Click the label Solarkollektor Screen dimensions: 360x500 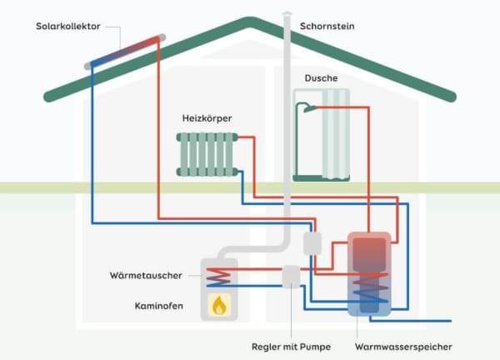point(68,27)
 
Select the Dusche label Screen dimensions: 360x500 point(321,77)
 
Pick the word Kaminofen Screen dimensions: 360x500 point(157,306)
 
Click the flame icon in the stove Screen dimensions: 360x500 point(219,306)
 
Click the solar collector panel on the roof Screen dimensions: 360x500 point(122,49)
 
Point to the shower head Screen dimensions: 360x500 point(308,107)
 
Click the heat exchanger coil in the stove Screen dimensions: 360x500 point(219,275)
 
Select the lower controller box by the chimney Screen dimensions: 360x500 point(290,276)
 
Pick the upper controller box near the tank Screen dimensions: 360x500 point(312,242)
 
